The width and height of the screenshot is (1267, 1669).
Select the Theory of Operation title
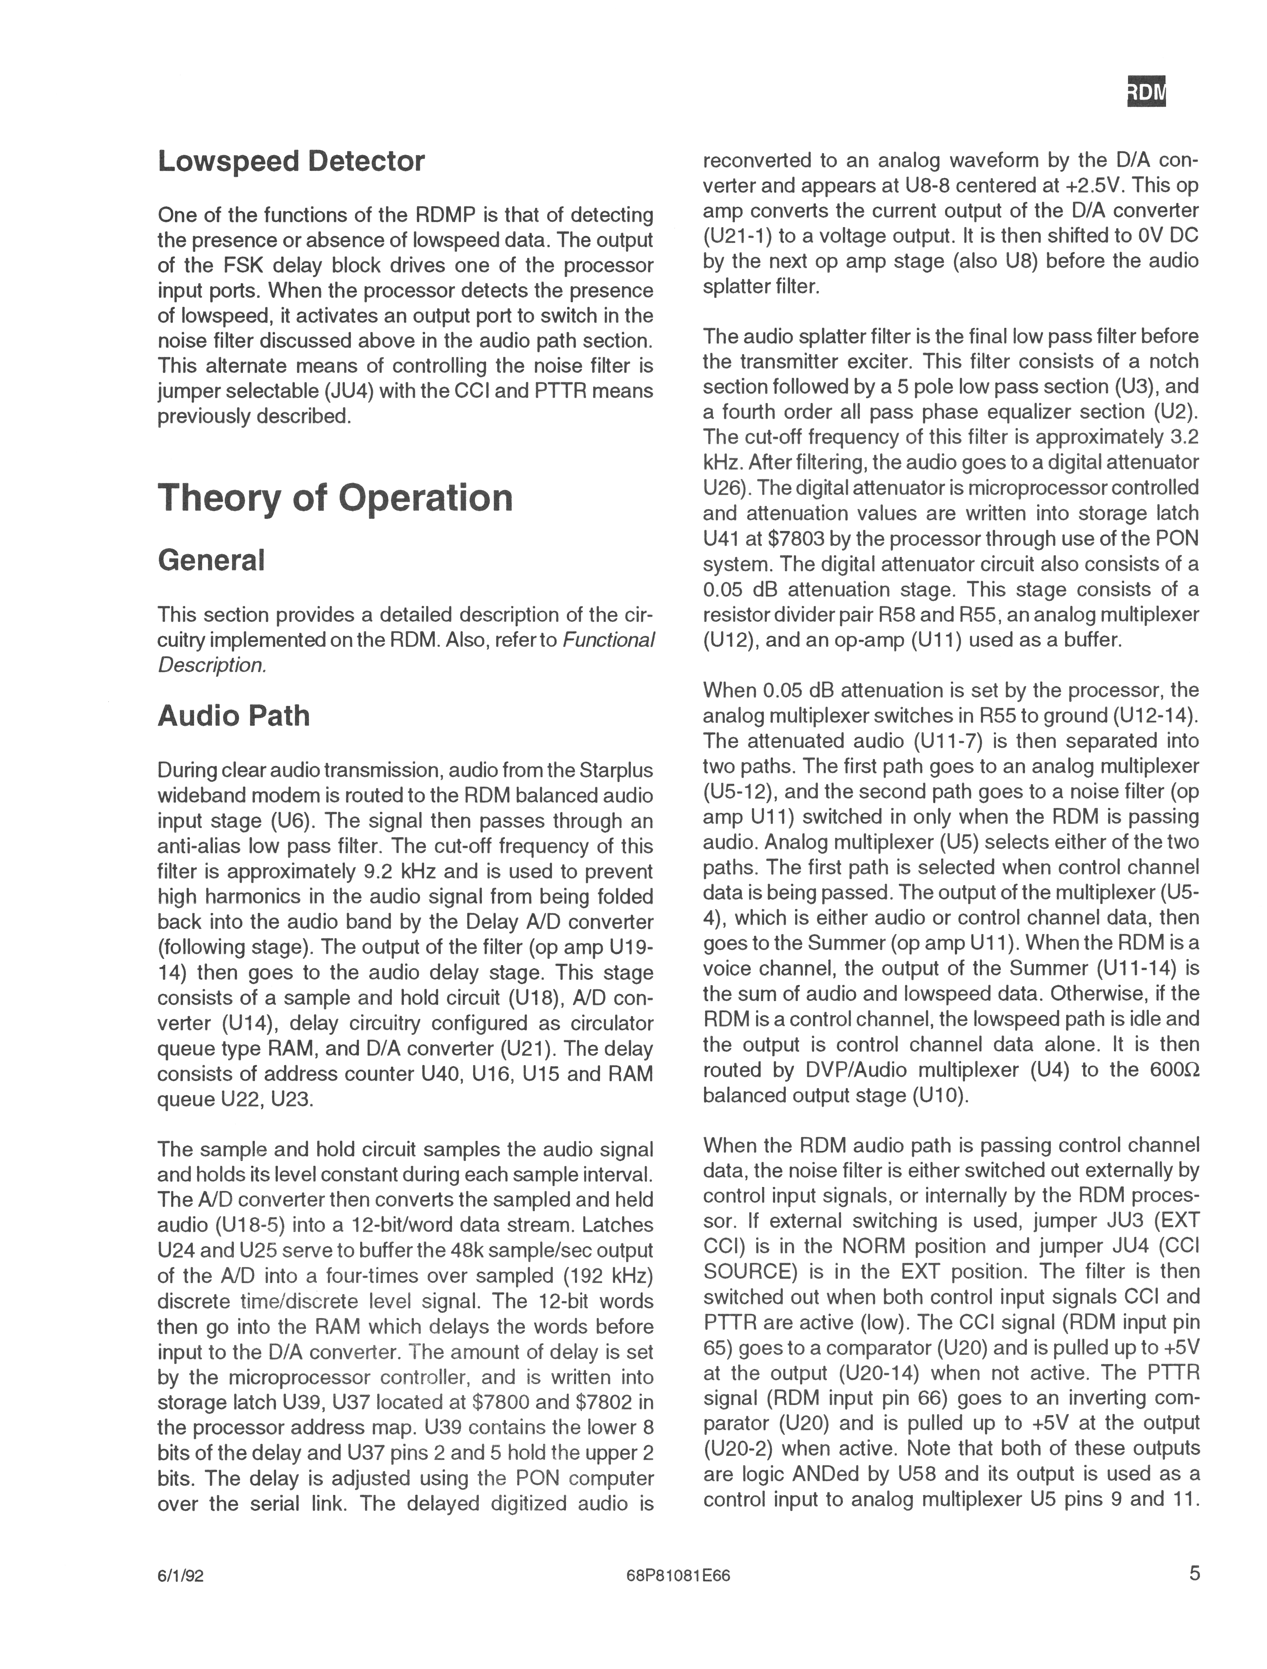point(335,498)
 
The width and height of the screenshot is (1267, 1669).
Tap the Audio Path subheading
point(233,715)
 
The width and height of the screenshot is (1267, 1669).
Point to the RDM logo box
point(1145,93)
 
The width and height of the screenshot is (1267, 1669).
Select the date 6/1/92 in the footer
point(180,1597)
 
